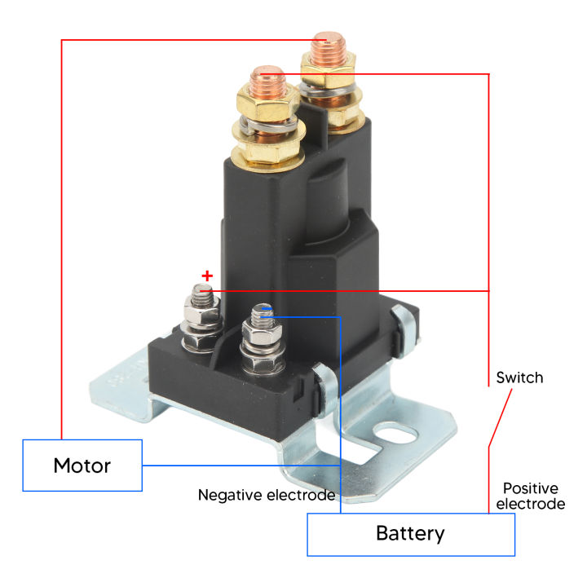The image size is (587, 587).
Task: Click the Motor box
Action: pyautogui.click(x=82, y=466)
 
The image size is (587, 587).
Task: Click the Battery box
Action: pyautogui.click(x=410, y=534)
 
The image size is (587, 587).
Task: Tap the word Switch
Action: pyautogui.click(x=519, y=378)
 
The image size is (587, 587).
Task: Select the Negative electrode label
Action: pyautogui.click(x=267, y=495)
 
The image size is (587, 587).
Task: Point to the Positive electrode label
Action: pyautogui.click(x=530, y=496)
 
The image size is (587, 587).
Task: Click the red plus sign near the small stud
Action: pyautogui.click(x=206, y=276)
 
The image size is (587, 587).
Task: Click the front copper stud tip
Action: pyautogui.click(x=267, y=77)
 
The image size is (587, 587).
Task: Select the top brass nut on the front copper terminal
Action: pyautogui.click(x=266, y=104)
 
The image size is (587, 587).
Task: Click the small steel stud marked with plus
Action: pyautogui.click(x=203, y=294)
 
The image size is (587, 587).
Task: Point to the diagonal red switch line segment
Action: pyautogui.click(x=500, y=418)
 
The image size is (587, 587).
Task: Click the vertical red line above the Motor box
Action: pyautogui.click(x=61, y=245)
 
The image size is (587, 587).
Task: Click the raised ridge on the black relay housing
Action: pyautogui.click(x=322, y=196)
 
